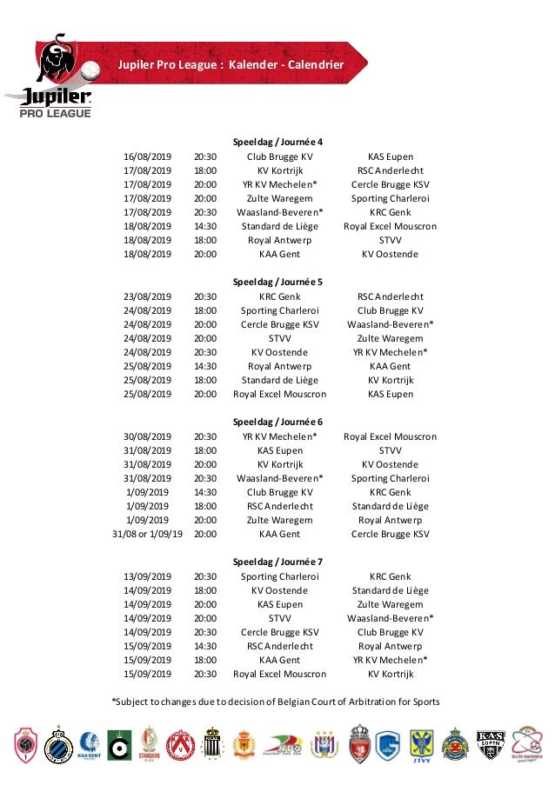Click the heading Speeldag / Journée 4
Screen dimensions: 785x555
tap(278, 143)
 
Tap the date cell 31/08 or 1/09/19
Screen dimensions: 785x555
tap(148, 535)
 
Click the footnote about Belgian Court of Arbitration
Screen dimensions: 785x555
tap(276, 702)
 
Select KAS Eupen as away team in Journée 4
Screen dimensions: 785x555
tap(391, 156)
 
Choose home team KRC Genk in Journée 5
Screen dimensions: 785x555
tap(280, 296)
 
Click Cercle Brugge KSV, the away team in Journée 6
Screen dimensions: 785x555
tap(391, 535)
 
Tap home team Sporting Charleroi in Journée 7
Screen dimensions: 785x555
tap(280, 576)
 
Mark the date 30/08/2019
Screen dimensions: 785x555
tap(148, 436)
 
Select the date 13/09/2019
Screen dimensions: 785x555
tap(148, 576)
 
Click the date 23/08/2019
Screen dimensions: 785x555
tap(148, 296)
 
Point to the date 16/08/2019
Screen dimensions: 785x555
tap(148, 156)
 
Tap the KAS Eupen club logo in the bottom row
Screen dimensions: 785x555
tap(491, 744)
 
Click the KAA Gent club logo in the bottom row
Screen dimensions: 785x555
tap(87, 744)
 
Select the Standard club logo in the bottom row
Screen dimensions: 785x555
tap(150, 744)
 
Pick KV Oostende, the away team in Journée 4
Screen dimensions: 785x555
tap(391, 254)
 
